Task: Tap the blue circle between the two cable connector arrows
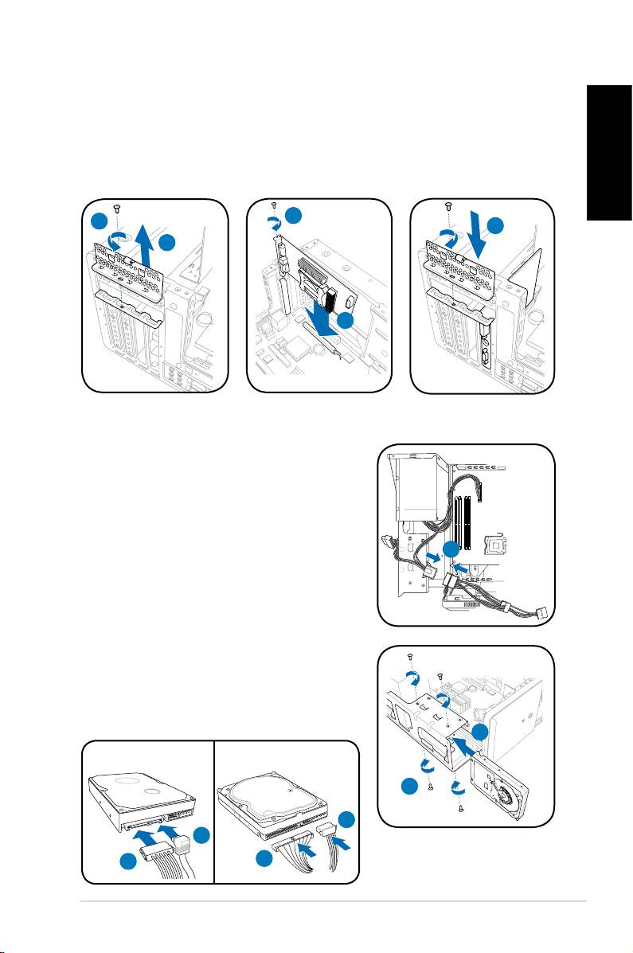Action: [451, 550]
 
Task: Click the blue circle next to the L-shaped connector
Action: [203, 834]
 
